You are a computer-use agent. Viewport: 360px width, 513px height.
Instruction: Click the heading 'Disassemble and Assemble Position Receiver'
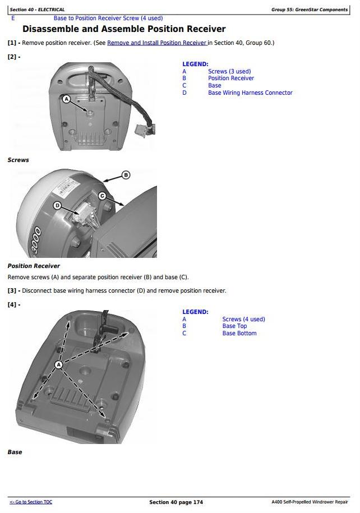[x=124, y=29]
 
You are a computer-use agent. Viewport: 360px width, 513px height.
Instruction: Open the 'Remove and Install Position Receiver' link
[x=157, y=43]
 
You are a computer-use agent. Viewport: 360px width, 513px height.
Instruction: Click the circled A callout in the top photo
[x=66, y=99]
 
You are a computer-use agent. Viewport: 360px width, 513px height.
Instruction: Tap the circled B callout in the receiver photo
[x=126, y=175]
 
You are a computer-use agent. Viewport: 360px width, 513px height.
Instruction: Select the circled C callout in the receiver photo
[x=102, y=196]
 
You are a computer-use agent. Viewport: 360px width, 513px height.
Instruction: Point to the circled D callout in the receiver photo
[x=57, y=206]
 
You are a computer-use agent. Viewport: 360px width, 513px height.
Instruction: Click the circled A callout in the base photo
[x=59, y=365]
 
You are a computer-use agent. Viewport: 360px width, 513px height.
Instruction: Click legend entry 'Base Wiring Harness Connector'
[x=250, y=93]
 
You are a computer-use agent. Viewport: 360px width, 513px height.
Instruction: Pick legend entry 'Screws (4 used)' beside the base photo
[x=243, y=319]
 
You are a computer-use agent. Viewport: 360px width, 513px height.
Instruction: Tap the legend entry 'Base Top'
[x=234, y=326]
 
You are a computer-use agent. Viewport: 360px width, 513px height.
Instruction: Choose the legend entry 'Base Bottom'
[x=239, y=334]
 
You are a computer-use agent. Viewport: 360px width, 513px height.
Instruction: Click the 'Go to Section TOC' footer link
[x=31, y=502]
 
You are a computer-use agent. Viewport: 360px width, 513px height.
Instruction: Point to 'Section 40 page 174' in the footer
[x=176, y=502]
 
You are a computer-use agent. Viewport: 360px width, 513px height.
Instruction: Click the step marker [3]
[x=13, y=291]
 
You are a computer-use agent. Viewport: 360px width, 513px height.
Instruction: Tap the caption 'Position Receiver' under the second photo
[x=34, y=266]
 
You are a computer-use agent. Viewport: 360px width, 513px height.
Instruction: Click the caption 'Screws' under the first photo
[x=18, y=160]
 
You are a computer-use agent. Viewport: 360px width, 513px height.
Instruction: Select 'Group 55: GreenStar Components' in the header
[x=310, y=10]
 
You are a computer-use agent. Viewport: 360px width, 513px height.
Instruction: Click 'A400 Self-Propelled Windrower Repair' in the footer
[x=309, y=502]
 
